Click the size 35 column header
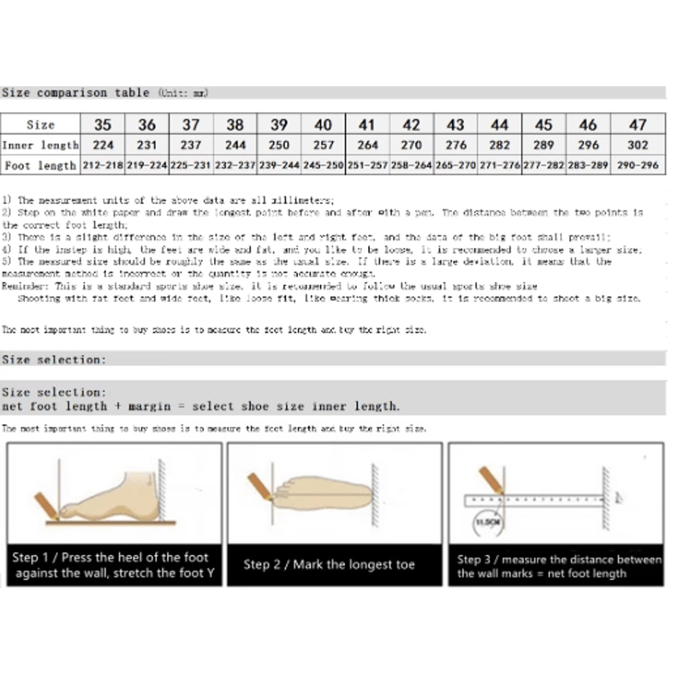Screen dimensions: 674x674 [102, 125]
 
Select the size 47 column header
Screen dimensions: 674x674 [638, 125]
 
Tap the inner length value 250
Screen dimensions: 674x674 [279, 145]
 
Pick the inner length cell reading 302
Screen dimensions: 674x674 [638, 145]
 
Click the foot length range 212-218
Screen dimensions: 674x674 [102, 165]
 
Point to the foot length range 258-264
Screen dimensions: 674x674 [411, 165]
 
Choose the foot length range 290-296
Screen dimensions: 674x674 [638, 165]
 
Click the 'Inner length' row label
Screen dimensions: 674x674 [40, 145]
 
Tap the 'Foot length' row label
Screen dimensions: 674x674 [40, 165]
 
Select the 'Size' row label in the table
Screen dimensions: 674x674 [40, 125]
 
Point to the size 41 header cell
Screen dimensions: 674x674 [367, 125]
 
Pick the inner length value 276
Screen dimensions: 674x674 [456, 145]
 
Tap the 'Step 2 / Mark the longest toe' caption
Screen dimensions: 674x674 [329, 565]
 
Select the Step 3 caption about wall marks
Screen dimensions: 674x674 [558, 566]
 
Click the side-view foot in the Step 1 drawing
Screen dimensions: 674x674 [115, 499]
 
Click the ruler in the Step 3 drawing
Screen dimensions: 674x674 [532, 500]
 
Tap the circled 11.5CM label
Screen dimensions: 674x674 [487, 522]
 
